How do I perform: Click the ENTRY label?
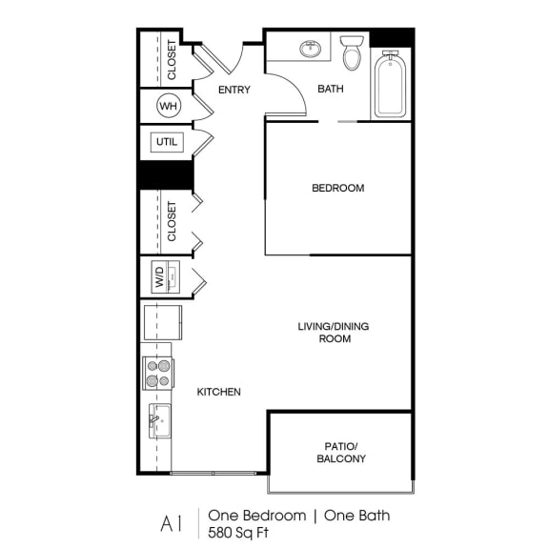coord(234,91)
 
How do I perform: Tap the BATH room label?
coord(330,91)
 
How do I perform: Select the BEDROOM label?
coord(338,188)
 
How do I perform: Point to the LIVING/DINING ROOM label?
coord(333,333)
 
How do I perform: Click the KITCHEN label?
coord(218,392)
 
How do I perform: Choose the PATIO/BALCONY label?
coord(341,452)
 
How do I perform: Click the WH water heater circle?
coord(169,106)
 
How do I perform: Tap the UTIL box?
coord(166,143)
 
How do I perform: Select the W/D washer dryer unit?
coord(159,278)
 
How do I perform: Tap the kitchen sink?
coord(158,419)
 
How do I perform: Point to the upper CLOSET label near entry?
coord(172,59)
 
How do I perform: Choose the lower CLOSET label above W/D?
coord(172,220)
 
